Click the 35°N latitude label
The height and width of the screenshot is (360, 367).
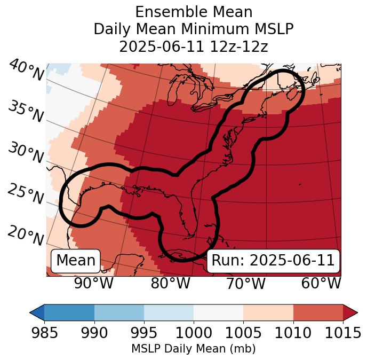pos(26,111)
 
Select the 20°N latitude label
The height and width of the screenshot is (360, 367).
pos(25,235)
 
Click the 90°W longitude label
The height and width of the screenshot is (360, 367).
pos(93,283)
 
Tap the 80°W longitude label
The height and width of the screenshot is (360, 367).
pos(170,283)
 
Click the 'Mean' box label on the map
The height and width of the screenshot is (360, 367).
pos(76,261)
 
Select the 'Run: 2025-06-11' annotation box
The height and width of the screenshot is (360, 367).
pos(273,261)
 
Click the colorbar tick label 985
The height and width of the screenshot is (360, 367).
pos(44,333)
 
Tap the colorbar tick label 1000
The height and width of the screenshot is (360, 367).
pos(194,333)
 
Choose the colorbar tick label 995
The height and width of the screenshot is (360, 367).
pos(144,333)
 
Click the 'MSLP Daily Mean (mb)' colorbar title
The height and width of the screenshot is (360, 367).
pos(193,349)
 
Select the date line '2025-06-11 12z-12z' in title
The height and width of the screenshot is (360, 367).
pos(194,46)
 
